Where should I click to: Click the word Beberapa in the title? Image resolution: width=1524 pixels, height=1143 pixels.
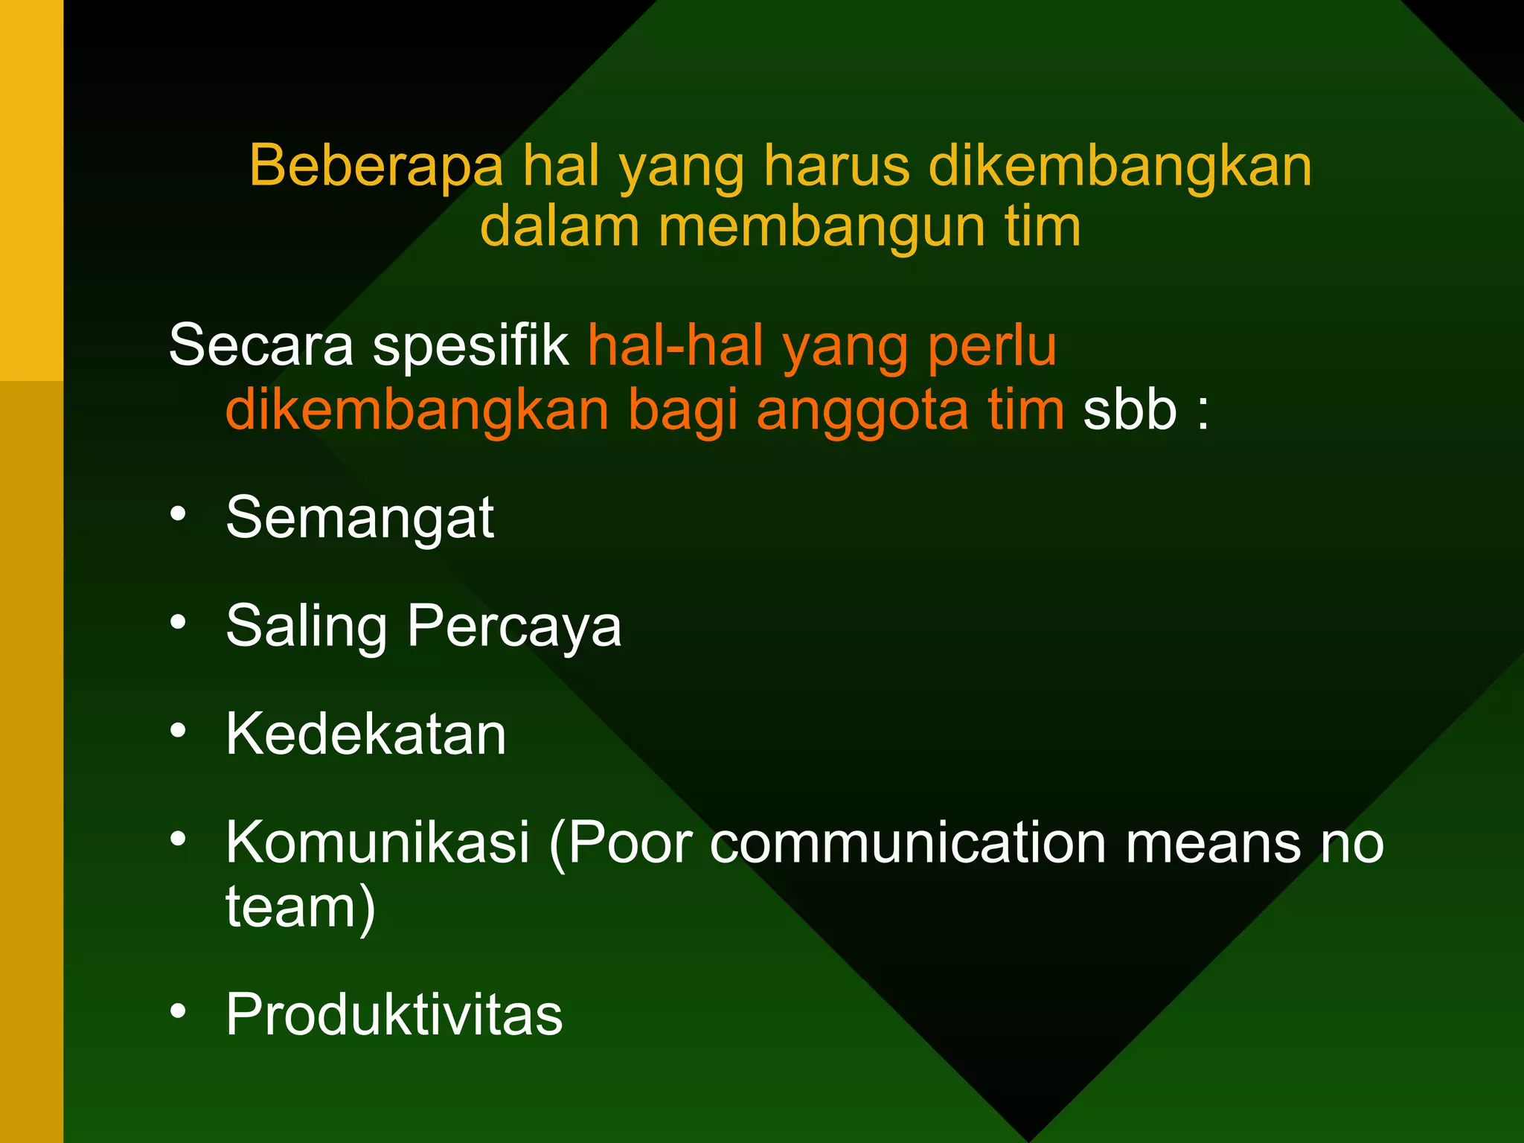(376, 166)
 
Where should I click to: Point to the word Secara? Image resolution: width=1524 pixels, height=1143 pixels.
(261, 345)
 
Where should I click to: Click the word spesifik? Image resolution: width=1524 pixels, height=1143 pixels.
(470, 347)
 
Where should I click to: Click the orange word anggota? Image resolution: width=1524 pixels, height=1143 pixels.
(862, 411)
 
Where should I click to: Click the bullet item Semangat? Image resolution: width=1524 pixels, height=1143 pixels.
(360, 518)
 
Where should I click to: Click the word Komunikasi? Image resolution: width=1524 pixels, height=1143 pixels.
(378, 842)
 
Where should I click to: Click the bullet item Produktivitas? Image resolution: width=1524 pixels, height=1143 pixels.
(394, 1014)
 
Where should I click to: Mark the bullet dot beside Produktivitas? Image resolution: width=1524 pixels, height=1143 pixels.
(178, 1011)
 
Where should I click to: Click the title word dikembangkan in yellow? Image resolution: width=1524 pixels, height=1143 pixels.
(1120, 166)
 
